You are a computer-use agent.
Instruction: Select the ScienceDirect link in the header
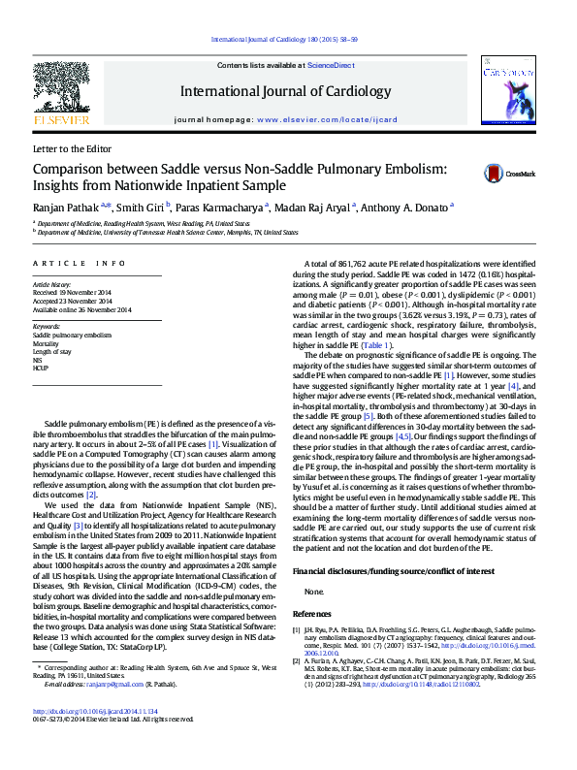point(330,65)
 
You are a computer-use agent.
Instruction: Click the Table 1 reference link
point(375,345)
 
